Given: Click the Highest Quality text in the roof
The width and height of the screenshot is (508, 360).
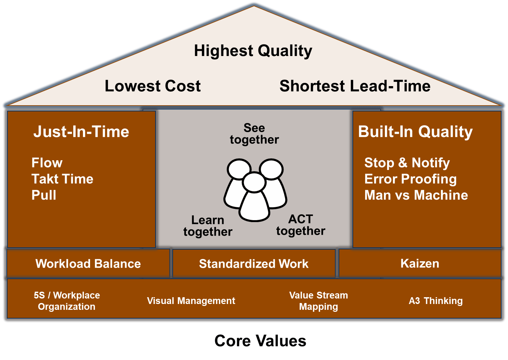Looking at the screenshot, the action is coord(253,51).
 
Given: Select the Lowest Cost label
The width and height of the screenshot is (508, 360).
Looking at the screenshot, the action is coord(153,86).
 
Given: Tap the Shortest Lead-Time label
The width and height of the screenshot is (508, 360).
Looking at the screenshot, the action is coord(355,86).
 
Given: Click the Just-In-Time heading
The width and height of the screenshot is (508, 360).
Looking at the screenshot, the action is coord(81,132).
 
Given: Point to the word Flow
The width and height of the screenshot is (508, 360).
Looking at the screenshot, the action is coord(47,163).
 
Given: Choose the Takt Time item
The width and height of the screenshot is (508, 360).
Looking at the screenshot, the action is coord(62,179).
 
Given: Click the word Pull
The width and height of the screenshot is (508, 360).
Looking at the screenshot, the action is coord(44,195).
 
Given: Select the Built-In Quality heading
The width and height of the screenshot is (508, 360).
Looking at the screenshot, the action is coord(415,132).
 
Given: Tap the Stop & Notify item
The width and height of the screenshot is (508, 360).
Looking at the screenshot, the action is coord(407,163).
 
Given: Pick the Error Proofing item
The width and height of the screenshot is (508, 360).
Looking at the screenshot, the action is coord(410,179).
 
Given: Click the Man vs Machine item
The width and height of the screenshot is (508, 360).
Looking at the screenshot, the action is coord(416,195).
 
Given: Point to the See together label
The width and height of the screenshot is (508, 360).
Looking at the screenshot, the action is coord(254,134).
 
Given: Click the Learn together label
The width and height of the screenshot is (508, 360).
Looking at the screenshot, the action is coord(208,226).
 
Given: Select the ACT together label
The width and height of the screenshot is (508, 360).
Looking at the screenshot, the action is coord(301,225).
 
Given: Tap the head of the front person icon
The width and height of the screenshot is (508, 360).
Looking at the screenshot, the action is coord(254,182).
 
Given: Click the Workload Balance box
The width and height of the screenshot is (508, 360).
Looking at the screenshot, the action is coord(88,264).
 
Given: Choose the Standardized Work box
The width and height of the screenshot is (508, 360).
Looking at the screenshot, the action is coord(254,264).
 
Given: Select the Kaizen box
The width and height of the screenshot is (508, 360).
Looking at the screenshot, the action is coord(420,264).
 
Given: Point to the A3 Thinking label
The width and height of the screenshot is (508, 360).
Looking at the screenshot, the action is coord(435,301).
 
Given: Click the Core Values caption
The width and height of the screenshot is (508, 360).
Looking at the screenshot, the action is coord(260,341).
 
